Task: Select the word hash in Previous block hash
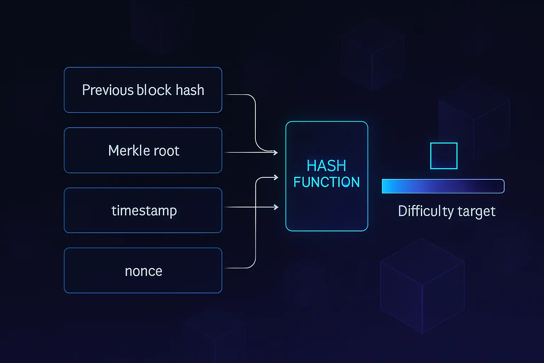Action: click(190, 90)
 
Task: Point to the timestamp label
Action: click(144, 211)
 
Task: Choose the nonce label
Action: click(143, 271)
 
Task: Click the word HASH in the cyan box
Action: click(326, 166)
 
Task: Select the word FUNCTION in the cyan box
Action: click(327, 182)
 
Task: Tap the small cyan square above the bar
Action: click(443, 156)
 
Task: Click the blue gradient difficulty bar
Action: click(443, 186)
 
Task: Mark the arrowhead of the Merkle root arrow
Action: click(276, 152)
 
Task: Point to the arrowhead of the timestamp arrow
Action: click(277, 207)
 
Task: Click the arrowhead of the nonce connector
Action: click(276, 177)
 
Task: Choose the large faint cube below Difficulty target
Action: click(422, 285)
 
